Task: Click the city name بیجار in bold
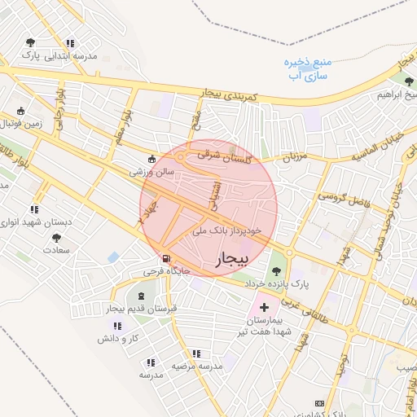(230, 259)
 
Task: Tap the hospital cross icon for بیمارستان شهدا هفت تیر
(264, 309)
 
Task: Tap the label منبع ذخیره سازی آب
(305, 68)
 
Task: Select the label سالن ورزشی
(152, 173)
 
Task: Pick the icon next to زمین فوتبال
(20, 111)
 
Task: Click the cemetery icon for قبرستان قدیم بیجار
(143, 296)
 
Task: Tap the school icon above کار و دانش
(112, 325)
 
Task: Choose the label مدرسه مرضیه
(196, 366)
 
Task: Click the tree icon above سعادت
(56, 238)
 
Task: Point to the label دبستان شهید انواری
(34, 222)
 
